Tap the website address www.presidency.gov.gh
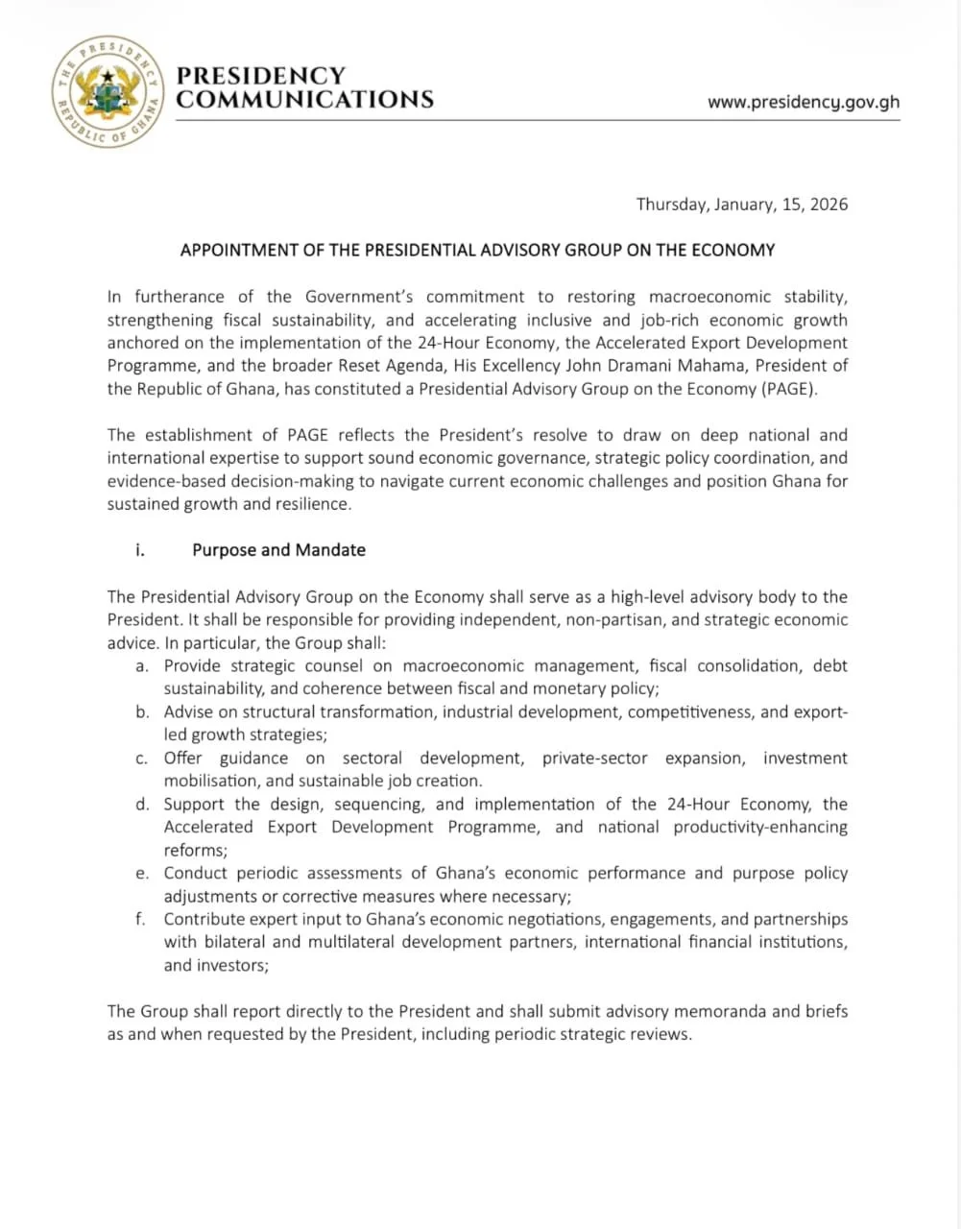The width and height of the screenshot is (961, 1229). [804, 102]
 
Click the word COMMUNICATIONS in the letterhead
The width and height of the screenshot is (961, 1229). [305, 100]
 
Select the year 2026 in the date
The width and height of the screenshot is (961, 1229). [827, 205]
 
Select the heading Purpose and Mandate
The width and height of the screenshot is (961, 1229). [278, 550]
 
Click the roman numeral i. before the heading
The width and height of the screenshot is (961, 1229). [140, 550]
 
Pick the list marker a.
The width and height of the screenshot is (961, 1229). [142, 666]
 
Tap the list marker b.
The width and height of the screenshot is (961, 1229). [142, 712]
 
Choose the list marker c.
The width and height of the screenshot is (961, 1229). [142, 759]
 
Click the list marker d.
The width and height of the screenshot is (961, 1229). [142, 805]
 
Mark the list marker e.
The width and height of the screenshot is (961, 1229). [142, 874]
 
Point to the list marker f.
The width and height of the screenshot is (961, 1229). [141, 920]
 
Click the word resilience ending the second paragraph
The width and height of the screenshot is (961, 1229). [313, 505]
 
